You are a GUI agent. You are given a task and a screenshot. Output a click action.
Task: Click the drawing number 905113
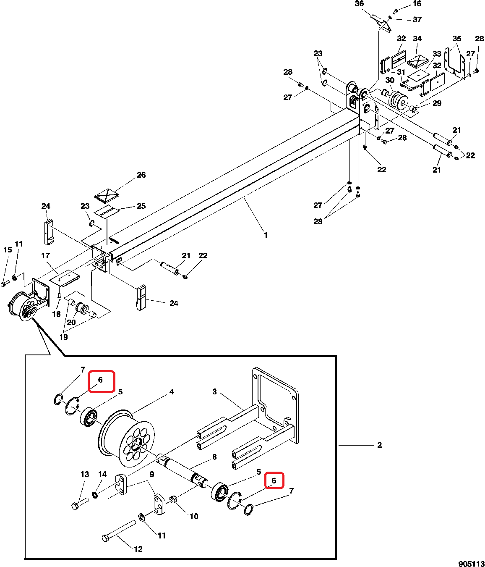point(471,564)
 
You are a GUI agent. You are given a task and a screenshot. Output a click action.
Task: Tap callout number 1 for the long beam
point(266,235)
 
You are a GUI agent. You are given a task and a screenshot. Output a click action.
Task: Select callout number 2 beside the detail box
point(379,445)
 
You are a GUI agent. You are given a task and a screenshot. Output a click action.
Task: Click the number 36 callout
point(359,4)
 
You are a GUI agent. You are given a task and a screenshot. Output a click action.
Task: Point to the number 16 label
point(417,4)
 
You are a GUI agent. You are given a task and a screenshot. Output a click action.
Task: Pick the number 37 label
point(417,20)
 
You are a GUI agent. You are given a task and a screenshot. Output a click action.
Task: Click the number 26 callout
point(141,175)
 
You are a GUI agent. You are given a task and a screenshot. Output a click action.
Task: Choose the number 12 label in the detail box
point(138,549)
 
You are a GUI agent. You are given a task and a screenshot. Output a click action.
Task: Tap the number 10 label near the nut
point(194,516)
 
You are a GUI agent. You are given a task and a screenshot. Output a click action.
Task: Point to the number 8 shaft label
point(214,457)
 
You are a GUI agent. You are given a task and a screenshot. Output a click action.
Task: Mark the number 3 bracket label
point(214,392)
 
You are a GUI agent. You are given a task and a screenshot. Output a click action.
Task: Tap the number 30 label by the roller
point(390,80)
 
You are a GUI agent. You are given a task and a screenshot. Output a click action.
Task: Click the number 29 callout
point(437,103)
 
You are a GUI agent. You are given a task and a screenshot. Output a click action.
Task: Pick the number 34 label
point(417,39)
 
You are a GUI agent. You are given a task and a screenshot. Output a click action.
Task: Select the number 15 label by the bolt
point(8,250)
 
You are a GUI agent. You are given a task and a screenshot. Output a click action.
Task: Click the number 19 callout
point(63,337)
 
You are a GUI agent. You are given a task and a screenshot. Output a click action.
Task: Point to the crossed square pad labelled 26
point(106,195)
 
